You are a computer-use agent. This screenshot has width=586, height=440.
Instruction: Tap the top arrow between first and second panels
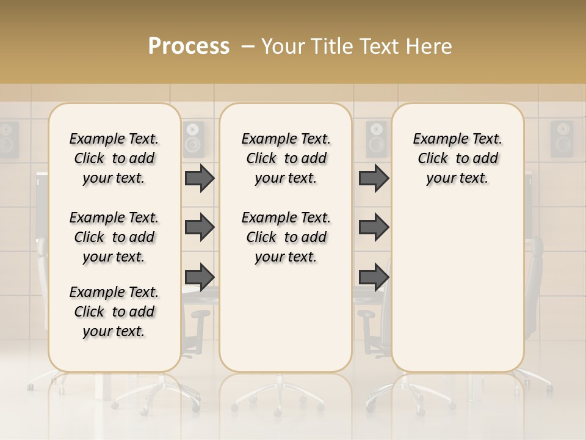[200, 178]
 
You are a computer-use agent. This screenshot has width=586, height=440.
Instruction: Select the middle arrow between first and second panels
[200, 227]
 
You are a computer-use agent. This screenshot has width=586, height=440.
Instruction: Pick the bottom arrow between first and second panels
[200, 276]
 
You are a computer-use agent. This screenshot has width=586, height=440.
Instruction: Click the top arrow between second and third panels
[374, 178]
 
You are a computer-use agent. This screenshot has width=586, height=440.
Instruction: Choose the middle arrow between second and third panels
[374, 227]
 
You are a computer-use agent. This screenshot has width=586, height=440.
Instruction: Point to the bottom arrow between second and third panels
[374, 276]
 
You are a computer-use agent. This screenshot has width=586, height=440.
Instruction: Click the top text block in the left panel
[114, 158]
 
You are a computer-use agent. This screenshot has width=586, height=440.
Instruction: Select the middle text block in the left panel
[114, 237]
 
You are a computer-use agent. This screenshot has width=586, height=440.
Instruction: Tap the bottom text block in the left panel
[114, 312]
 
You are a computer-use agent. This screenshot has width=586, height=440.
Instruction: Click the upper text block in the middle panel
[286, 158]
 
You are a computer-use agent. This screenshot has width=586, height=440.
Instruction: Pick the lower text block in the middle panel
[286, 237]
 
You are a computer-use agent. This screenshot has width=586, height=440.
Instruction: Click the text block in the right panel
[457, 158]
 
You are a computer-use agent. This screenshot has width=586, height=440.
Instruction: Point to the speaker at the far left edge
[9, 139]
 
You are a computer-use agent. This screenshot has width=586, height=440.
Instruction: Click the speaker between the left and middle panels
[194, 139]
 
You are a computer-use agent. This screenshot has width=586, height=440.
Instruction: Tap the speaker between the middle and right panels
[376, 139]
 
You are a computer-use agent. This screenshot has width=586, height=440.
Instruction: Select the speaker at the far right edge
[562, 139]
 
